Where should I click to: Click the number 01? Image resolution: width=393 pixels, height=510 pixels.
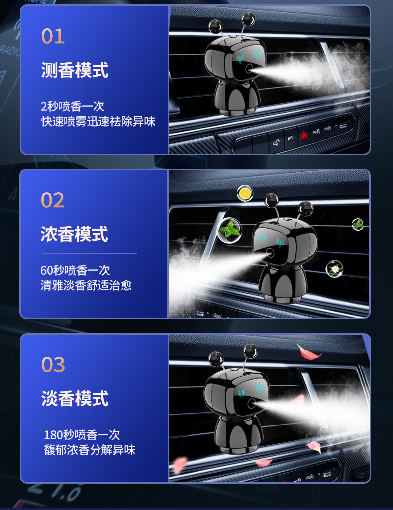(53, 36)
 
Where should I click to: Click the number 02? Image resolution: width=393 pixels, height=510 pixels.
(52, 200)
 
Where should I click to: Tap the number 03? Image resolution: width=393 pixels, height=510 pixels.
(53, 365)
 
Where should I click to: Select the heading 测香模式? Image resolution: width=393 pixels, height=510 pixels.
(75, 70)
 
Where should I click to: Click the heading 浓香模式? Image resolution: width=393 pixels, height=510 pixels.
(74, 234)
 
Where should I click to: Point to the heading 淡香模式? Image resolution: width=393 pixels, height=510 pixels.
(75, 399)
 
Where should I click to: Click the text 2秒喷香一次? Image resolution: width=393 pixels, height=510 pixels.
(72, 106)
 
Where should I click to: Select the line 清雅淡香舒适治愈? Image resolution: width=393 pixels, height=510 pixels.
(86, 285)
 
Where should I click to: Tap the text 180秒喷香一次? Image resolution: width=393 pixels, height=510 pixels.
(82, 435)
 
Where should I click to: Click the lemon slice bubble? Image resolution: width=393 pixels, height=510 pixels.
(245, 193)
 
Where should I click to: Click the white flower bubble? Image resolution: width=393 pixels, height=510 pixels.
(334, 269)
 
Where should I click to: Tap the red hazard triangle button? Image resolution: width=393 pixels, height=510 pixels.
(304, 134)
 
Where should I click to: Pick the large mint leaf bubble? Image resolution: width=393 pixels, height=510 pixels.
(229, 230)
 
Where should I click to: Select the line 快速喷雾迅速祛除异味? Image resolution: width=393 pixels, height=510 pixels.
(98, 121)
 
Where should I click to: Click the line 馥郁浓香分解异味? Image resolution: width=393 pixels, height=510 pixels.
(90, 450)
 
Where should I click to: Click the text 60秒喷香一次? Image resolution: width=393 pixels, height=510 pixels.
(75, 270)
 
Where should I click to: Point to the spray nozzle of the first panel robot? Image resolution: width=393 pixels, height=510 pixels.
(250, 69)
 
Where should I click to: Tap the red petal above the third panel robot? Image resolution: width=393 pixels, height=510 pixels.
(309, 352)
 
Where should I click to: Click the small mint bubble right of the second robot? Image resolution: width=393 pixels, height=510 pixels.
(358, 224)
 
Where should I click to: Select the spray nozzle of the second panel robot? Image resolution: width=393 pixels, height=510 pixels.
(270, 253)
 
